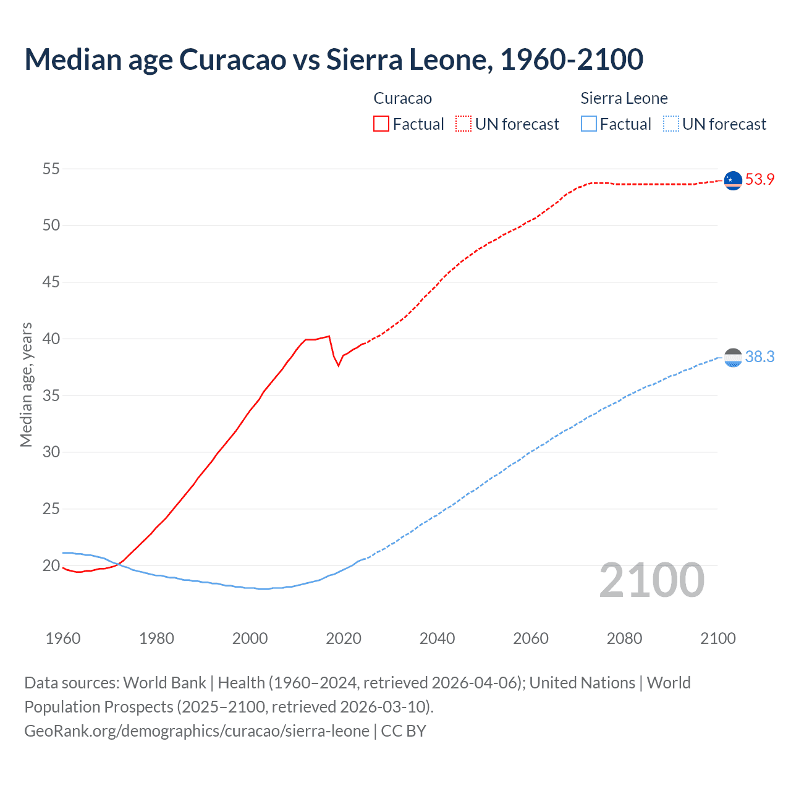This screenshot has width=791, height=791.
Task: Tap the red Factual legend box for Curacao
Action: click(381, 124)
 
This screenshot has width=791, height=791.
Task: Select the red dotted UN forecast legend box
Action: click(463, 124)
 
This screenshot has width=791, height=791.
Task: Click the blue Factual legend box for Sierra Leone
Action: click(589, 124)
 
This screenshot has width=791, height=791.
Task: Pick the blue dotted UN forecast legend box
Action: click(670, 124)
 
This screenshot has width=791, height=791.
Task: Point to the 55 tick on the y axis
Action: click(51, 169)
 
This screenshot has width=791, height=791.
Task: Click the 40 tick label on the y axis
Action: click(51, 339)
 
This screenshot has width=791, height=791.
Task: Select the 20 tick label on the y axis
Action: click(51, 565)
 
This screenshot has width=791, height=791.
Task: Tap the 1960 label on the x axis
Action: click(63, 638)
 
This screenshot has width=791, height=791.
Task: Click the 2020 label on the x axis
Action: click(344, 638)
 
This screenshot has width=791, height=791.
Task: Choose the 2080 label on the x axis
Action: click(624, 638)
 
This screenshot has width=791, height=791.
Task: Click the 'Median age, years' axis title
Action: click(26, 384)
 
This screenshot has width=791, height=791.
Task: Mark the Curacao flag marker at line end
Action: click(733, 180)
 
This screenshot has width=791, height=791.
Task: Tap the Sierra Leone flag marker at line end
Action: click(733, 357)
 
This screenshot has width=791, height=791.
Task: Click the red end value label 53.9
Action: click(759, 180)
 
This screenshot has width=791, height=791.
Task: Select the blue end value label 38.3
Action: click(759, 357)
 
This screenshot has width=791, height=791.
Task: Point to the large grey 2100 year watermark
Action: click(651, 580)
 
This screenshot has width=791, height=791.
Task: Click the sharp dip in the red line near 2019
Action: click(338, 365)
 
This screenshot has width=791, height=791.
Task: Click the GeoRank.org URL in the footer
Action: click(197, 731)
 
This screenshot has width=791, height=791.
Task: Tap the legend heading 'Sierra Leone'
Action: click(624, 98)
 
